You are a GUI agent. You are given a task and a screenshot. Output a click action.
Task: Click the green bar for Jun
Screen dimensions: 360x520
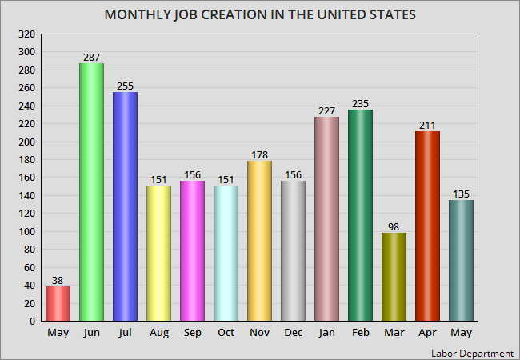pos(91,192)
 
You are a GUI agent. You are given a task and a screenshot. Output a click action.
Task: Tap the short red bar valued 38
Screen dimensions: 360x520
pos(58,304)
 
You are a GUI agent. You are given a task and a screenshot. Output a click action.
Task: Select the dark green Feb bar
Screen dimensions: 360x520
pos(360,215)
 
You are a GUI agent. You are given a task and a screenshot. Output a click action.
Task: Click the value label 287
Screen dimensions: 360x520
pos(91,58)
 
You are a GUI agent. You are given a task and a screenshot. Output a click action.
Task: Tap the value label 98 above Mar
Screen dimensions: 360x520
pos(394,227)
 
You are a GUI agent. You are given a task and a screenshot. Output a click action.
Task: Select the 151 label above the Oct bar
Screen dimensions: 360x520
pos(226,179)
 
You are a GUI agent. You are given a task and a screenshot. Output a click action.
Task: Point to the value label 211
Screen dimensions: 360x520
pos(427,126)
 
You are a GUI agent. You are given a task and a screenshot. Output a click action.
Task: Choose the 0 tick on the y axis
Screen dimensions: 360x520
pos(31,322)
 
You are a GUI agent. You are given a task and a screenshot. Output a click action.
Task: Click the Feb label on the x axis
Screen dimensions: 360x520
pos(360,333)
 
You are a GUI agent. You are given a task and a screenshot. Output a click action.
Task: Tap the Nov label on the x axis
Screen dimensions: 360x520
pos(259,333)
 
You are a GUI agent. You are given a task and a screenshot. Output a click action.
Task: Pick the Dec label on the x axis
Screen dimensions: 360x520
pos(293,333)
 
